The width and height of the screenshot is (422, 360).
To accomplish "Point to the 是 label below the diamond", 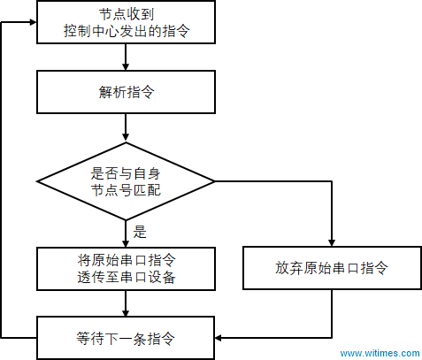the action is [140, 232].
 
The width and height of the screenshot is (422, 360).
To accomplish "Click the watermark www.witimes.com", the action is [380, 353].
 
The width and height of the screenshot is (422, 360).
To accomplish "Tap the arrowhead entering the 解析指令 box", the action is [126, 66].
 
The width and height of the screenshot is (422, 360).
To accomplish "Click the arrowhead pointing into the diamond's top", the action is [126, 136].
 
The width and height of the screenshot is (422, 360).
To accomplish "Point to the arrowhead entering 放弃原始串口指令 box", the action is [332, 242].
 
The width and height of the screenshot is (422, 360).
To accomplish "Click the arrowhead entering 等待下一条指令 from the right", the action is [219, 338].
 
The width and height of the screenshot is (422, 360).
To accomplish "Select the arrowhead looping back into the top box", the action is [33, 22].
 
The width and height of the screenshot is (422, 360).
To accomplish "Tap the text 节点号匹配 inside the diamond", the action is [126, 190].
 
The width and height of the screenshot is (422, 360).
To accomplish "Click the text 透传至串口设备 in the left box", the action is [127, 277].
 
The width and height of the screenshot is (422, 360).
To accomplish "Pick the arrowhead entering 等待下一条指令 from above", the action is [126, 312].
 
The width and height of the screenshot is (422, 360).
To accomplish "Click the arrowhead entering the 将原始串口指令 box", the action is [126, 243].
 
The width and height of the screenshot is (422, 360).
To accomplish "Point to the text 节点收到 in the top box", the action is [127, 14].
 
